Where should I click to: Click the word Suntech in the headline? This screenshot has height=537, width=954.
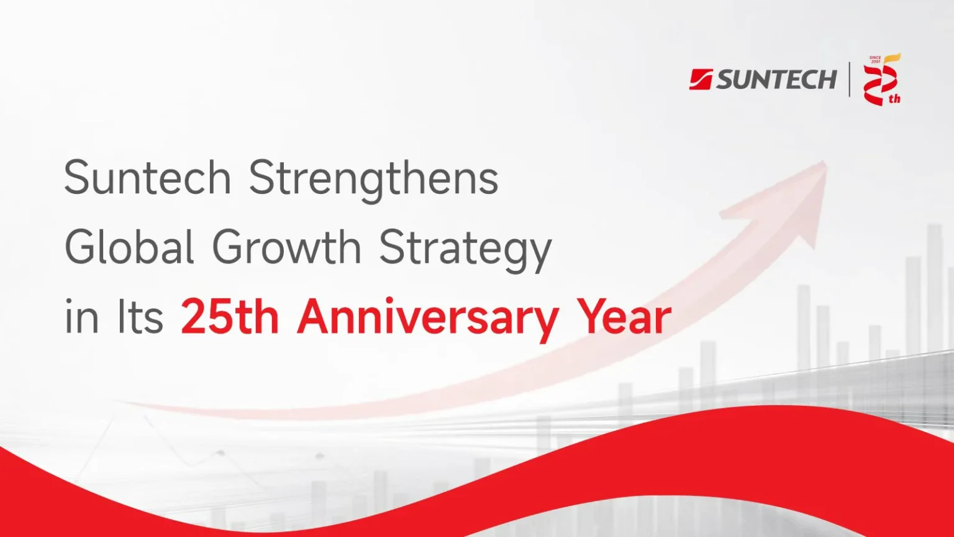pyautogui.click(x=147, y=177)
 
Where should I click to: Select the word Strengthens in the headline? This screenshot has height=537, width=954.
pyautogui.click(x=373, y=181)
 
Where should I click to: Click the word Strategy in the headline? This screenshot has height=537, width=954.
pyautogui.click(x=465, y=250)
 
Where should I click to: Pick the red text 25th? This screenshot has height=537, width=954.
pyautogui.click(x=230, y=316)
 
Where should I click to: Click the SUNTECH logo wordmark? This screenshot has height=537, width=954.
pyautogui.click(x=776, y=80)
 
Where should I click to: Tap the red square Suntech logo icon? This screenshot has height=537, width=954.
pyautogui.click(x=701, y=80)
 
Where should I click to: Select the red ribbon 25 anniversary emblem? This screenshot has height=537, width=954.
pyautogui.click(x=882, y=80)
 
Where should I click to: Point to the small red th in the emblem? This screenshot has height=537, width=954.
pyautogui.click(x=894, y=99)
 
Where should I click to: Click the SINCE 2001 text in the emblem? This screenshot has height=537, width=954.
pyautogui.click(x=875, y=59)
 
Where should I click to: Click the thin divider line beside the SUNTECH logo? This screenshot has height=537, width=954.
pyautogui.click(x=850, y=80)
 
